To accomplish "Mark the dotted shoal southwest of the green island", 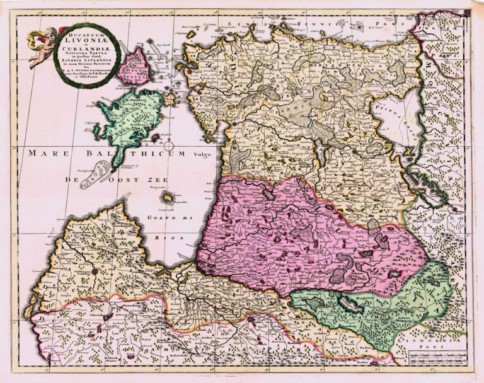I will point(98,173).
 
